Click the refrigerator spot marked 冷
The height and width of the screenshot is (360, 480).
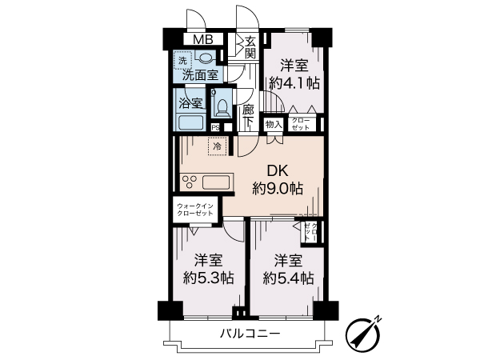point(216,146)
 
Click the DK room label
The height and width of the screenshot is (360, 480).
point(277,170)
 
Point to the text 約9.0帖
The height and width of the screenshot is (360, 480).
point(277,189)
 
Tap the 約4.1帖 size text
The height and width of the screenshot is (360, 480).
point(294,82)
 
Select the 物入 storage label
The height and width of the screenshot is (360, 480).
point(273,124)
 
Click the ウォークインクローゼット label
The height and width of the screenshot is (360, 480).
point(194,210)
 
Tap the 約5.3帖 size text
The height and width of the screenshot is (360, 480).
point(208,278)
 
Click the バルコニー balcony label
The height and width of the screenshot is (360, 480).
point(250,334)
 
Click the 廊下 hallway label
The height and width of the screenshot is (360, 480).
point(249,116)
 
